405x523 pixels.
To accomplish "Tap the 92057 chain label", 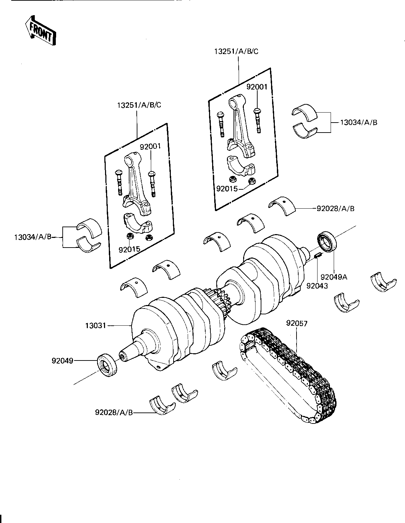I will coord(297,323).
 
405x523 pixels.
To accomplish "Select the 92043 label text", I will coord(317,285).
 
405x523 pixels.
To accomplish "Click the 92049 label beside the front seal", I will coord(62,361).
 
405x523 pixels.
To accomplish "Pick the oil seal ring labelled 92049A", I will coord(326,242).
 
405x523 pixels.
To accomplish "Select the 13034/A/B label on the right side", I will coord(359,122).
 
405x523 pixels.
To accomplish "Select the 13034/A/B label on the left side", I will coord(33,237).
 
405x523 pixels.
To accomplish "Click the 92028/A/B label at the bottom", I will coord(114,412).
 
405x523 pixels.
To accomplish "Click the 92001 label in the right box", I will coord(257,87).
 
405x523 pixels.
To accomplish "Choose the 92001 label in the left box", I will coord(150,146).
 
